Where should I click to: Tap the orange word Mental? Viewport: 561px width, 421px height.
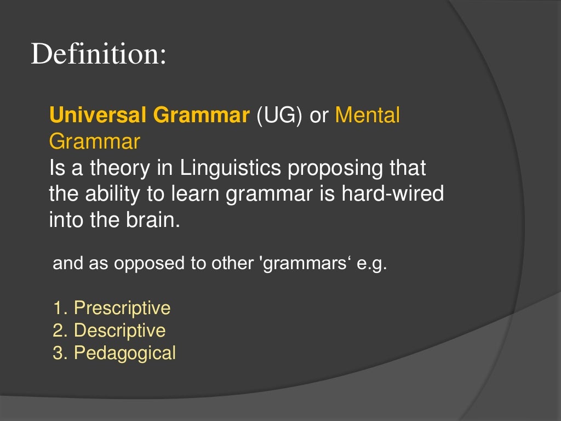click(x=368, y=116)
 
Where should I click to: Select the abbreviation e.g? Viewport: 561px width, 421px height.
click(x=372, y=264)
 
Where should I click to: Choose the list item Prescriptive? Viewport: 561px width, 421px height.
click(x=122, y=308)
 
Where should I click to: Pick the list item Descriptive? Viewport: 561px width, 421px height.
click(x=119, y=331)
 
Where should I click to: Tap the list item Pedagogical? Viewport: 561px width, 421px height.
click(x=125, y=353)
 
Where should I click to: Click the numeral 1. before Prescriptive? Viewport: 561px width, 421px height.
click(x=60, y=308)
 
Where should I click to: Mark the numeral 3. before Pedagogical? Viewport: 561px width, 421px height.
click(x=60, y=353)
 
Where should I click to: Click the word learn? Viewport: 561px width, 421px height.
click(x=187, y=194)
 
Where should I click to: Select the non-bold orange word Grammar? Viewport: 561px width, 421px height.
click(x=94, y=142)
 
